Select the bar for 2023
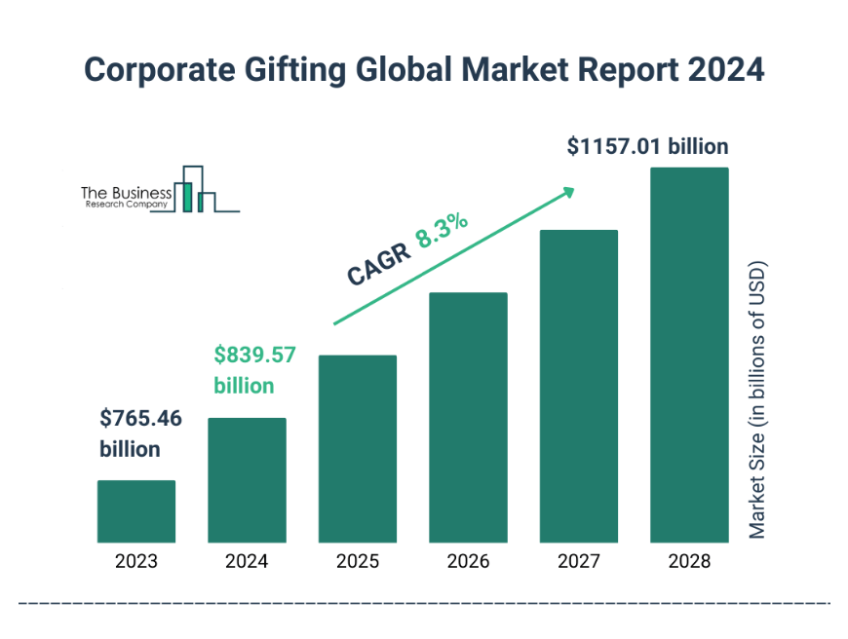point(136,511)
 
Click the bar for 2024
point(247,480)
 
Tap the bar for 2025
point(358,449)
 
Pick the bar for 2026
point(468,418)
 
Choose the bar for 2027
point(579,387)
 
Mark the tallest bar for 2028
point(689,356)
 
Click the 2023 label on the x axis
point(136,561)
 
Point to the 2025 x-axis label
point(358,561)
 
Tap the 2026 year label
point(468,561)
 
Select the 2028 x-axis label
point(689,561)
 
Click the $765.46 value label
point(140,420)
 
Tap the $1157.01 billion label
point(647,147)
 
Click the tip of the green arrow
point(573,189)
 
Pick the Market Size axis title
point(757,399)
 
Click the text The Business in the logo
point(126,194)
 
